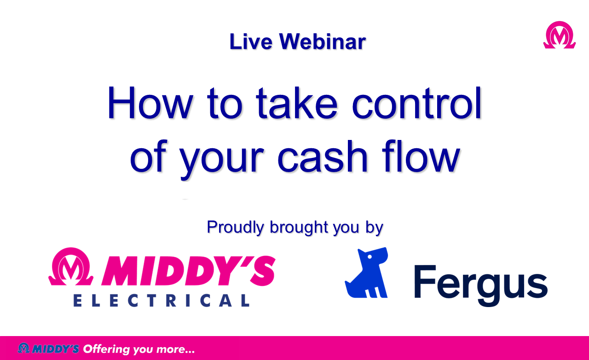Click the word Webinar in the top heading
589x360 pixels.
pyautogui.click(x=323, y=41)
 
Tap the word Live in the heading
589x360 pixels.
pyautogui.click(x=251, y=41)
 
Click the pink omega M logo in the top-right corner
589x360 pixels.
pyautogui.click(x=559, y=35)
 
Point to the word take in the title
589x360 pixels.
pyautogui.click(x=297, y=103)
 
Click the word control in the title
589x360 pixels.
pyautogui.click(x=417, y=103)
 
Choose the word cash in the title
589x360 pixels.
pyautogui.click(x=323, y=157)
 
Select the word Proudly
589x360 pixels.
pyautogui.click(x=235, y=228)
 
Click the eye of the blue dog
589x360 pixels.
pyautogui.click(x=370, y=256)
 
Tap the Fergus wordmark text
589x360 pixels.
pyautogui.click(x=481, y=286)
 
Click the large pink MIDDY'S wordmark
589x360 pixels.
pyautogui.click(x=189, y=271)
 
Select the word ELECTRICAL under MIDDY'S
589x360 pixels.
pyautogui.click(x=162, y=301)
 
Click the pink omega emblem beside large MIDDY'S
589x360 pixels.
pyautogui.click(x=71, y=266)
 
